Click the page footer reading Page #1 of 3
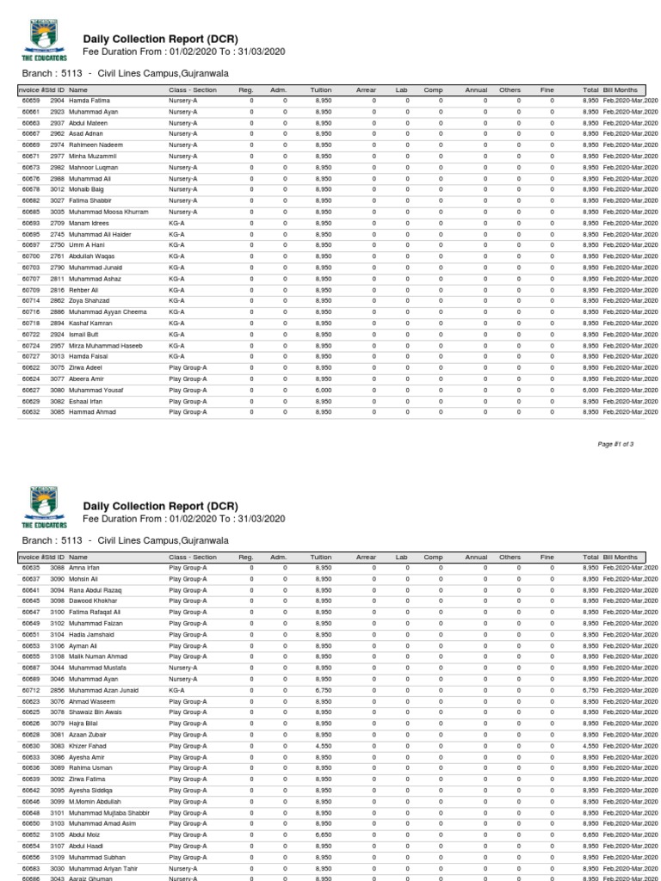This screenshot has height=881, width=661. click(615, 443)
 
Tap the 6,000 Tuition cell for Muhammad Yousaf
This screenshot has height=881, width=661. click(324, 390)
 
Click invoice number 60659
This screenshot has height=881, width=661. click(31, 101)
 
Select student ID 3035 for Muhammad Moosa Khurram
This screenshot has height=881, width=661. click(58, 212)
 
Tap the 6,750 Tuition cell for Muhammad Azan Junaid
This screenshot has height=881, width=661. click(324, 690)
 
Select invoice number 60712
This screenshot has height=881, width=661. click(31, 690)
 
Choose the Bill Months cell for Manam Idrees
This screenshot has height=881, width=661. click(630, 223)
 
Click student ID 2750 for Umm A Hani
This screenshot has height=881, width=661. click(58, 245)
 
